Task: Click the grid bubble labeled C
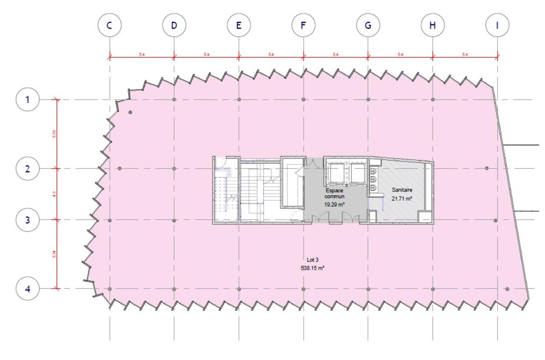tap(109, 25)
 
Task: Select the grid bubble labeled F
tap(303, 25)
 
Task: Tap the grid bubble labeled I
tap(497, 25)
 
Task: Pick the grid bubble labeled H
tap(432, 25)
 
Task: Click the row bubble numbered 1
tap(28, 100)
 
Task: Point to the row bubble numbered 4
tap(28, 289)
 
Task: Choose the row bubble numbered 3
tap(28, 220)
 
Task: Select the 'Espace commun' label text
tap(334, 194)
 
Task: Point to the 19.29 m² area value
tap(334, 204)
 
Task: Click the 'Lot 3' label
tap(313, 260)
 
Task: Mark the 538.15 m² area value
tap(313, 268)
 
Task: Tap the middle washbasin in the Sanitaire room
tap(373, 180)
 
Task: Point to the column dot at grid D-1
tap(174, 100)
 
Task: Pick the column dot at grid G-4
tap(368, 289)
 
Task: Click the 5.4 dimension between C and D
tap(142, 54)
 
